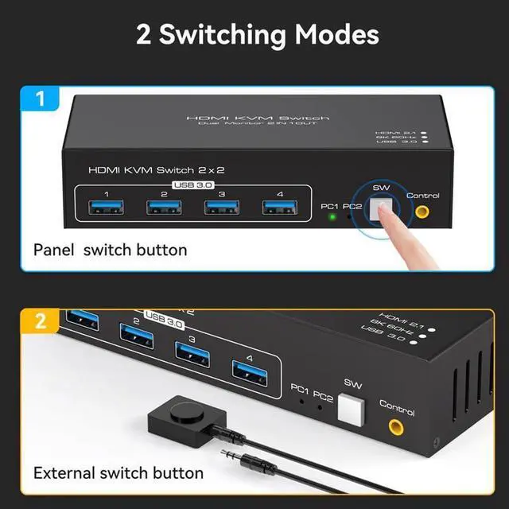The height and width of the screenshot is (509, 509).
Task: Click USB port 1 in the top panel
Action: point(107,208)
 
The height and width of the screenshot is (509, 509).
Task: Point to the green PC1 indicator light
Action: point(332,216)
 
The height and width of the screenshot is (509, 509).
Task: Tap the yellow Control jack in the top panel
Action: point(422,212)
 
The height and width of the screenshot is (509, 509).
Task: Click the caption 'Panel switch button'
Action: point(111,250)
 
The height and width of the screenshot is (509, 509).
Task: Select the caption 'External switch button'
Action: point(119,473)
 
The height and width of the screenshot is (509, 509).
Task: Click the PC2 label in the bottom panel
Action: point(324,391)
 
